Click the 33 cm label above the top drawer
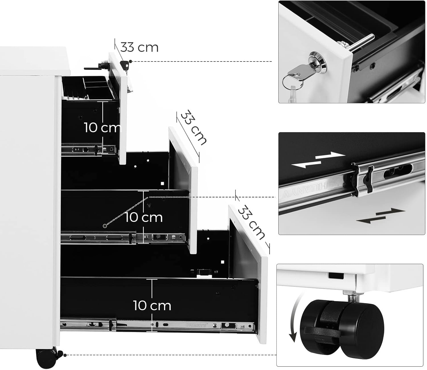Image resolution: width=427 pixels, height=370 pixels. tap(139, 47)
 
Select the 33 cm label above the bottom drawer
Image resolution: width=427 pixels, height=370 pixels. tap(251, 222)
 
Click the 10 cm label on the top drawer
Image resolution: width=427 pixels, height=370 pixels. tap(102, 128)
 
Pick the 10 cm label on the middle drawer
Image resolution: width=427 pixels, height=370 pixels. tap(144, 218)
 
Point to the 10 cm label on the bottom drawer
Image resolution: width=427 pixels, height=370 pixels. tap(152, 306)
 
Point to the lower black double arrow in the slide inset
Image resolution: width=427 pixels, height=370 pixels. tap(380, 215)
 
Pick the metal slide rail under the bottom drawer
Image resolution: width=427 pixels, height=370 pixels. tap(157, 325)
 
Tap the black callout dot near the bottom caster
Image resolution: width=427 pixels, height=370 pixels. tap(65, 355)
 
